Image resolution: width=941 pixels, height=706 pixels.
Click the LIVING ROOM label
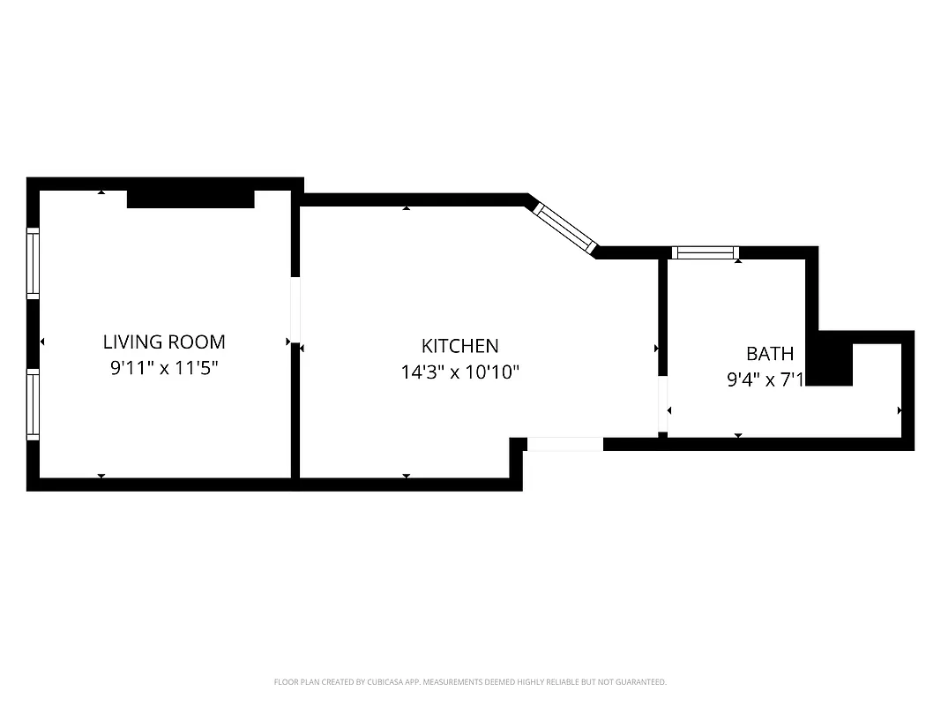pyautogui.click(x=164, y=342)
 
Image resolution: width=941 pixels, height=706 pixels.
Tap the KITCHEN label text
pyautogui.click(x=459, y=346)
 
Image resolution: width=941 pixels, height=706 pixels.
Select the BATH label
pyautogui.click(x=770, y=354)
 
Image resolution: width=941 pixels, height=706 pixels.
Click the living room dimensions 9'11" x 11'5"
pyautogui.click(x=164, y=368)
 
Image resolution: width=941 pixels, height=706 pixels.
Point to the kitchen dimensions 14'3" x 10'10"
pyautogui.click(x=459, y=372)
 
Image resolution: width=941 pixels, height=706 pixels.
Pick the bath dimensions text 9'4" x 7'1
pyautogui.click(x=765, y=380)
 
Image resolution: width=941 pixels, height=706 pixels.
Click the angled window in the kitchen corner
pyautogui.click(x=566, y=229)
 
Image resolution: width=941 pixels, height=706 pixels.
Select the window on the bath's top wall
pyautogui.click(x=705, y=253)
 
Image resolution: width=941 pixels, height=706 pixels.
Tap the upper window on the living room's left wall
pyautogui.click(x=33, y=262)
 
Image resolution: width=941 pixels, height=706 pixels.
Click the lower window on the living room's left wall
pyautogui.click(x=33, y=403)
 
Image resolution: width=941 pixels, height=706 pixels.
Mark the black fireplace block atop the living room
pyautogui.click(x=190, y=199)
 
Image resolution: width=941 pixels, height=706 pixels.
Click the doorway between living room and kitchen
pyautogui.click(x=295, y=311)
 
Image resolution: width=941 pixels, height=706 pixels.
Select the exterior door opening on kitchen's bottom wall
pyautogui.click(x=564, y=444)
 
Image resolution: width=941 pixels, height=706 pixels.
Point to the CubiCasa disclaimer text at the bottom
pyautogui.click(x=470, y=682)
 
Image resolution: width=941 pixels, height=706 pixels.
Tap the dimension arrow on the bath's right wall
pyautogui.click(x=899, y=410)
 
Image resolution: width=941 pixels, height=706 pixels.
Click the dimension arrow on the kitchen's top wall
pyautogui.click(x=407, y=208)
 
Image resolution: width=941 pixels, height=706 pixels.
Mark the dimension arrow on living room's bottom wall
pyautogui.click(x=101, y=476)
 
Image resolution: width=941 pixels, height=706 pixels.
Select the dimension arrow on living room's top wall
pyautogui.click(x=101, y=192)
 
